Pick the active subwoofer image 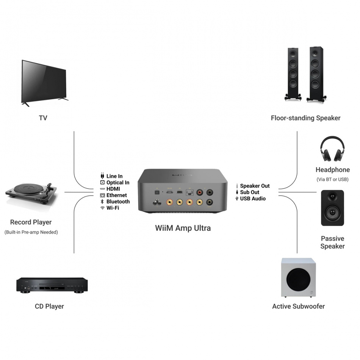[x=298, y=278]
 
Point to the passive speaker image [x=332, y=208]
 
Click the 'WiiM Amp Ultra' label [x=183, y=228]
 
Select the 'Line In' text [x=114, y=176]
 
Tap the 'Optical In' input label [x=117, y=183]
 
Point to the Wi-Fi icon [x=102, y=208]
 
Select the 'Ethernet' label [x=116, y=195]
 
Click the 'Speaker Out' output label [x=255, y=186]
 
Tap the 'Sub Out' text [x=250, y=192]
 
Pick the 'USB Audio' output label [x=253, y=199]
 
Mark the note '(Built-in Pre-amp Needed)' [x=31, y=232]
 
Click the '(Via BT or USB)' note [x=332, y=179]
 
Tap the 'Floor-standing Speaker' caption [x=305, y=118]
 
